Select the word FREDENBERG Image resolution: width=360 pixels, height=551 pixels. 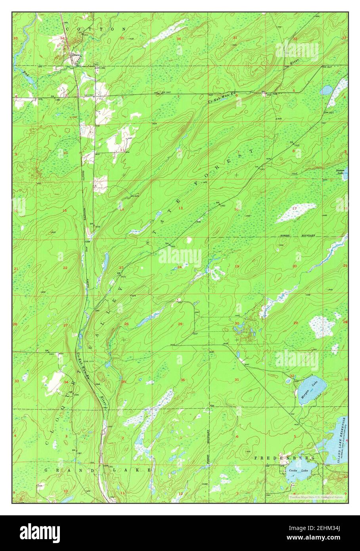coord(284,458)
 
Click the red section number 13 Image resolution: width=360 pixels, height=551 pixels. coord(180,208)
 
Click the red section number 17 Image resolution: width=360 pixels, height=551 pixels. coord(294,208)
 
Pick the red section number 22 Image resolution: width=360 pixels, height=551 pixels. coord(65,268)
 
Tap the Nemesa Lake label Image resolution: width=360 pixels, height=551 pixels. coord(340,171)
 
